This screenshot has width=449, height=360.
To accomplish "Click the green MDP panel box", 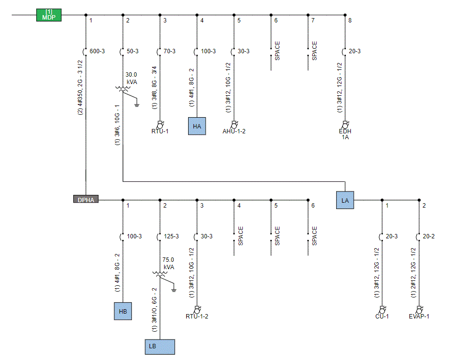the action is [49, 15].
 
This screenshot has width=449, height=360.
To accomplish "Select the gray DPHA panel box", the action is [86, 199].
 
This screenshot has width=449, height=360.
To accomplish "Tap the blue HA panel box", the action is [197, 126].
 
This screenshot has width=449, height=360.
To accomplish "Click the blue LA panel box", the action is [345, 200].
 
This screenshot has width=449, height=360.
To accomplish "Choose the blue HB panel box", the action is [123, 311].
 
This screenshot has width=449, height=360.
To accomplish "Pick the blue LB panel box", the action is [160, 347].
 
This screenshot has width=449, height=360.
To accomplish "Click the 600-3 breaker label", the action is [97, 51].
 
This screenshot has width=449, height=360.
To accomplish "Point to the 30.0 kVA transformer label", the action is [131, 78].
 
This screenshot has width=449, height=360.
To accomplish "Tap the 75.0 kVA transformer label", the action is [169, 263].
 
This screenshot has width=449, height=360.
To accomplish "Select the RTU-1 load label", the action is [160, 131].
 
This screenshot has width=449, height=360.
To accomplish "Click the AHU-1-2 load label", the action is [234, 131].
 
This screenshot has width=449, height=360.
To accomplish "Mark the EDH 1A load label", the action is [345, 134].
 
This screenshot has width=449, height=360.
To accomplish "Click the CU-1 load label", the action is [382, 317].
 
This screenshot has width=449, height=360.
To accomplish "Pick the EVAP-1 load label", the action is [419, 317].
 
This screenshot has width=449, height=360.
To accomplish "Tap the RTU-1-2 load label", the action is [197, 317].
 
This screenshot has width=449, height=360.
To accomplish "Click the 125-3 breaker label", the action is [171, 236].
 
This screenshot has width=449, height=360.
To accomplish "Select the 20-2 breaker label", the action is [428, 236].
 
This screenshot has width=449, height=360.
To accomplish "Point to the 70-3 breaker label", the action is [170, 51].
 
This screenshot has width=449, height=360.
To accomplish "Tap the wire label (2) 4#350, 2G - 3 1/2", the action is [80, 87].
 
